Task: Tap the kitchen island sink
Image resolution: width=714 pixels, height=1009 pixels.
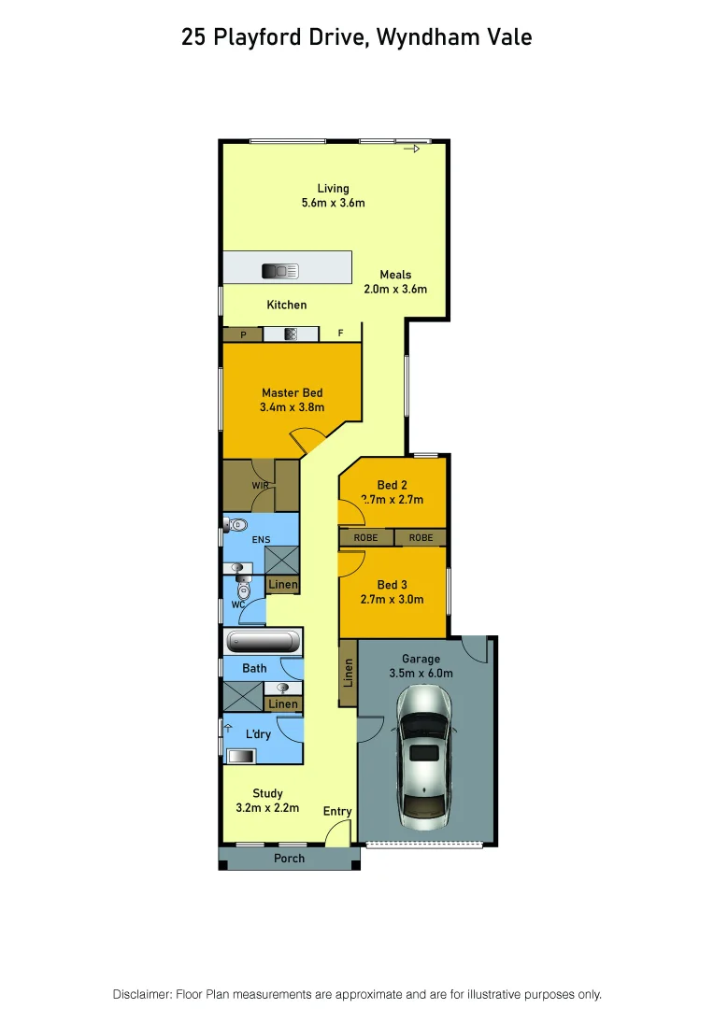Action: coord(279,271)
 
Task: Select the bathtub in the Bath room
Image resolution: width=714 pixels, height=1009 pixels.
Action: coord(263,642)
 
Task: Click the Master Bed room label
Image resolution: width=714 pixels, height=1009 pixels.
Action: coord(292,392)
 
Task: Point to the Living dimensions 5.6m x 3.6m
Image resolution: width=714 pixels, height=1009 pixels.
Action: coord(332,203)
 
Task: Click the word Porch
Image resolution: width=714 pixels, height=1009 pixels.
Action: coord(289,858)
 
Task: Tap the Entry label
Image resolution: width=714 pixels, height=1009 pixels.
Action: coord(337,811)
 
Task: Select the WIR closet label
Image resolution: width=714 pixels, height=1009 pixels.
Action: coord(260,486)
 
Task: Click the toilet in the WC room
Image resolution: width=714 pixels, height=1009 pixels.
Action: coord(244,590)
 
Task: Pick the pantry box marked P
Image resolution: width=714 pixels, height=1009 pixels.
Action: coord(243,334)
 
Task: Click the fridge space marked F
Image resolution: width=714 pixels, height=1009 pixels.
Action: coord(340,334)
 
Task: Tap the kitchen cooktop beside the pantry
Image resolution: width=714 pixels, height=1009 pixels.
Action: coord(290,334)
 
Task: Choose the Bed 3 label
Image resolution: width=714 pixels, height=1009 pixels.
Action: coord(393,585)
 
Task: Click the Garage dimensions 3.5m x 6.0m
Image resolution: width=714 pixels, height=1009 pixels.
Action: coord(421,673)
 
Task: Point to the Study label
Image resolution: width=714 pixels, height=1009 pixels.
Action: coord(267,793)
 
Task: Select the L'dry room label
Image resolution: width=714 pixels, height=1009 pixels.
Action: coord(257,734)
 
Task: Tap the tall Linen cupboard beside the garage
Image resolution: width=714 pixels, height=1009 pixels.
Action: coord(348,672)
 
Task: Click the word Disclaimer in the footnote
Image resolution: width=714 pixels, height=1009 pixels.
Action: coord(141,994)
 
